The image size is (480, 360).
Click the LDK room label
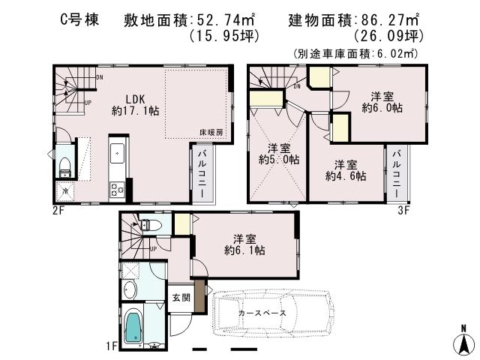(x=136, y=97)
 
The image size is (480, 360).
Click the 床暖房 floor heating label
(x=211, y=132)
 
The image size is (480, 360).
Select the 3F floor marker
(x=403, y=210)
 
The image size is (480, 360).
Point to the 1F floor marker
(x=111, y=345)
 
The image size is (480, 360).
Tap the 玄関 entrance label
(x=181, y=298)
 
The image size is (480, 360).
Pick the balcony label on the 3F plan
(x=397, y=173)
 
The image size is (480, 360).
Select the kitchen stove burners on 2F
(x=117, y=190)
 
